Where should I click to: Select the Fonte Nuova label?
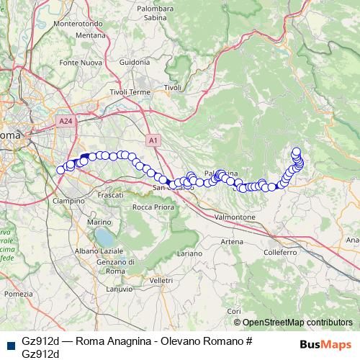pos(79,63)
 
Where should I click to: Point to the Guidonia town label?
pos(135,63)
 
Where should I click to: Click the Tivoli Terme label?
pos(129,93)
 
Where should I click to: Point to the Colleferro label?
pos(280,253)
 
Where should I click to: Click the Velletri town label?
pos(162,279)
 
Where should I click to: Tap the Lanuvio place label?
pos(120,289)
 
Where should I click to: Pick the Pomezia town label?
pos(18,294)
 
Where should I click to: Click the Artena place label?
pos(232,241)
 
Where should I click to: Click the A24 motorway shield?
pos(67,122)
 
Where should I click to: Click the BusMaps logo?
pos(325,344)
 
